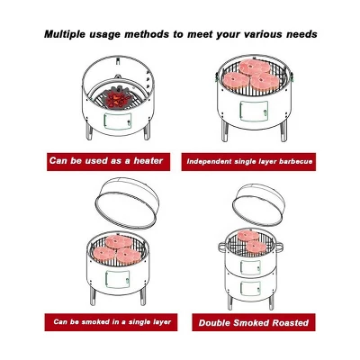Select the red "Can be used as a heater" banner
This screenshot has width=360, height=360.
[108, 162]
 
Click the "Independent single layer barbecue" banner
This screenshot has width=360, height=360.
[248, 162]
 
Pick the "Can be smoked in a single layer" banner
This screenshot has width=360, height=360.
[111, 322]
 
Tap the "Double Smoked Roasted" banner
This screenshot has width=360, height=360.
[254, 322]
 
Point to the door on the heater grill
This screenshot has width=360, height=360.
[118, 121]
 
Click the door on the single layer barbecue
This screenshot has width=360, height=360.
[254, 111]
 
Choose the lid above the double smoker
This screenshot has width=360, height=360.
[257, 204]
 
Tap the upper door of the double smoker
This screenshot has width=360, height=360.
[250, 267]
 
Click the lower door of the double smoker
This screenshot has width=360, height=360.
[250, 288]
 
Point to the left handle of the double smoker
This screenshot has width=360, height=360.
[221, 247]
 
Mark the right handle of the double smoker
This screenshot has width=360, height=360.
[278, 247]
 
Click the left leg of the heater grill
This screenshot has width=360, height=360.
[89, 131]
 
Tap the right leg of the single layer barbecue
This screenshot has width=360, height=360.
[283, 131]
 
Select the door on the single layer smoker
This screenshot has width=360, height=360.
[118, 280]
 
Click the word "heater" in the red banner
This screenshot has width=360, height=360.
[148, 161]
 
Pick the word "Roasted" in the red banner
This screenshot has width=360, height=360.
[290, 323]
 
